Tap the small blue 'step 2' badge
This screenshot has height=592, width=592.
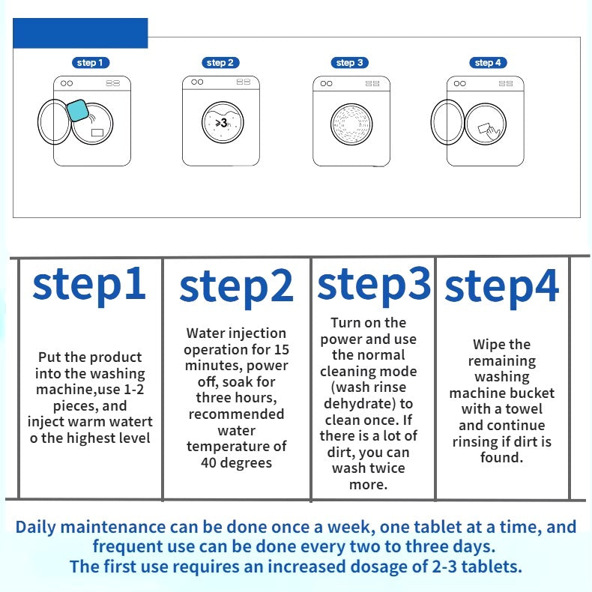[x=220, y=63]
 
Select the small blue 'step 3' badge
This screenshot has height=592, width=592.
[x=350, y=63]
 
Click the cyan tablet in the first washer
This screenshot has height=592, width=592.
[x=77, y=109]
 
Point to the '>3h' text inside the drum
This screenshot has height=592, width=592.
[x=221, y=122]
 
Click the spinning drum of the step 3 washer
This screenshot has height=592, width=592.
[x=351, y=124]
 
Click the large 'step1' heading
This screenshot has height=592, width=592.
[x=89, y=285]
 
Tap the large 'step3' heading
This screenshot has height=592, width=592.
[x=374, y=283]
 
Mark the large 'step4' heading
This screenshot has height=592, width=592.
[x=502, y=287]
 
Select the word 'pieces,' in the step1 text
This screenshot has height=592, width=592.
[x=71, y=405]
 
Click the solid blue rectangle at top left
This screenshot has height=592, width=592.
[x=81, y=33]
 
